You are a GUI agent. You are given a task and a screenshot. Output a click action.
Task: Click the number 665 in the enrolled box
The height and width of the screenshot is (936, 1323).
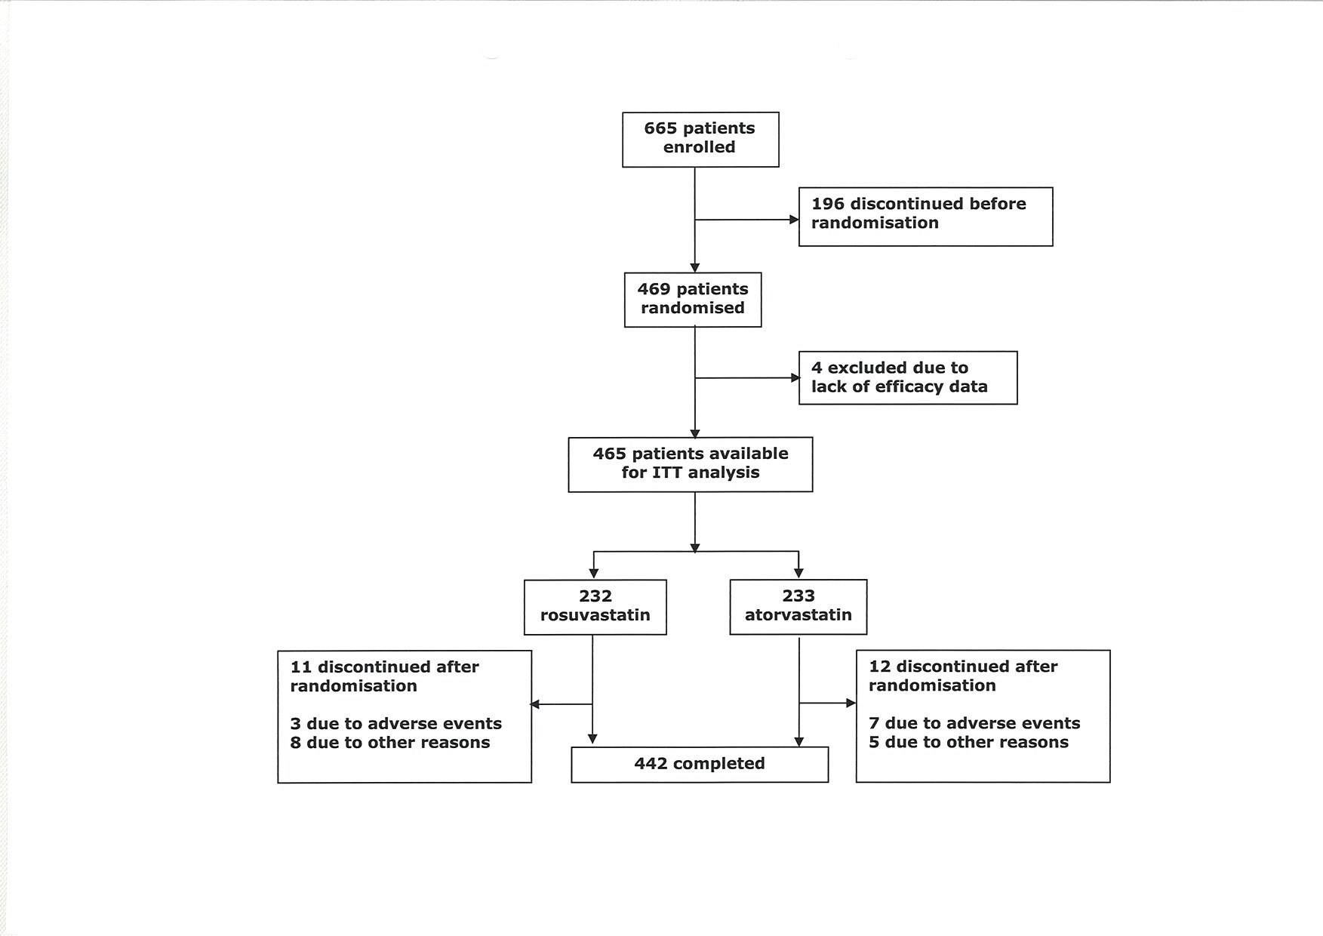(661, 128)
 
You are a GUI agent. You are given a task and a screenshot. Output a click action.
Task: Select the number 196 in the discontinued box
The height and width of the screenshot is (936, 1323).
(828, 204)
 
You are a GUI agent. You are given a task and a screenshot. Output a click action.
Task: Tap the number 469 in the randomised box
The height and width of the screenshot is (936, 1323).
(654, 289)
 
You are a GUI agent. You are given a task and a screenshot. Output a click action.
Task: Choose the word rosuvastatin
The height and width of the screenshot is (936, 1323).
(595, 615)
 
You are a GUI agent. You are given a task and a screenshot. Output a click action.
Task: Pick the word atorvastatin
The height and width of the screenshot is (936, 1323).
(798, 615)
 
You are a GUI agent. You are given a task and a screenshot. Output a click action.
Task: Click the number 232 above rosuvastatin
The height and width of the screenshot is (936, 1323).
(595, 596)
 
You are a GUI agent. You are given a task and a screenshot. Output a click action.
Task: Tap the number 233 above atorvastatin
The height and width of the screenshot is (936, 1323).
(798, 596)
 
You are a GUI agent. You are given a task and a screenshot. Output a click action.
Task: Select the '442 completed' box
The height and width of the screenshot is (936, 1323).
(700, 765)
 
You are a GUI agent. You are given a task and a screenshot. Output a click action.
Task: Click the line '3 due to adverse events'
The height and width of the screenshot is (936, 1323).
(396, 724)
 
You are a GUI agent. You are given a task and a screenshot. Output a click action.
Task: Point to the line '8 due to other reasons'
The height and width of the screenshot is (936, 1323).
(390, 743)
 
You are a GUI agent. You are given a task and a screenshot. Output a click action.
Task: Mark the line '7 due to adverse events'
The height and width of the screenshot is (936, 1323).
(974, 723)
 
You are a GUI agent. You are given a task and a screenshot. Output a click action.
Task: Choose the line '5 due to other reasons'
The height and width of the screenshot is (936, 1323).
(968, 742)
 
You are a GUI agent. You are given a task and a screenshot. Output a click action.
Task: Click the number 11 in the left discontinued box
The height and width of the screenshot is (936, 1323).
(301, 667)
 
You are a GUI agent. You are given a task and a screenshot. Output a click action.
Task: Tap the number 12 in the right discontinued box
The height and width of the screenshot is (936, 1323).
(880, 667)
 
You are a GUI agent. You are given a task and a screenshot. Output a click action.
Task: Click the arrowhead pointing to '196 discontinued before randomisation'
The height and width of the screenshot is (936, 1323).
(794, 220)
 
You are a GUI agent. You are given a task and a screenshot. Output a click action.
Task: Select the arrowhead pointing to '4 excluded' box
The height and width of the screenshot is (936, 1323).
(794, 378)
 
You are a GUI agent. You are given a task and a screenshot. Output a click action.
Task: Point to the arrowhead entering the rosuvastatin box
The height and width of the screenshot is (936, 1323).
(594, 574)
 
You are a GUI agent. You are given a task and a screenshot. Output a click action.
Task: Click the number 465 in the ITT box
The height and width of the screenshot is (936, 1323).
(609, 454)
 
